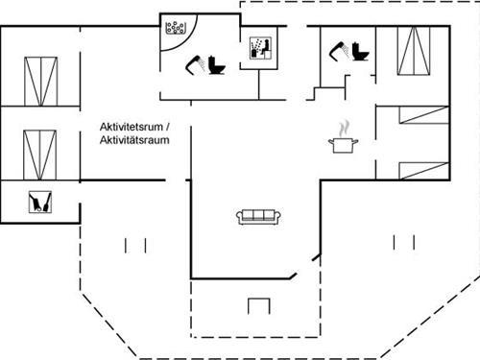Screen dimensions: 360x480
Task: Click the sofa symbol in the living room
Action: (x=257, y=216)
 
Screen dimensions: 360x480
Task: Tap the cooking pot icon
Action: (x=343, y=145)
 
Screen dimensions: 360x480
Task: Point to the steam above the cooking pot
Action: (x=343, y=127)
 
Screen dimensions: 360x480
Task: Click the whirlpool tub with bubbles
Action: (x=175, y=27)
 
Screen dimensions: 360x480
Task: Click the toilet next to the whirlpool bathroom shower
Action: (x=216, y=65)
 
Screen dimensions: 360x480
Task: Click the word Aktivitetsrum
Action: (x=132, y=127)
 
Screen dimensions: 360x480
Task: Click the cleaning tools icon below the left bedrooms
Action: (x=40, y=201)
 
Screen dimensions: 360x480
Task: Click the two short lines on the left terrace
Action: (x=134, y=246)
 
